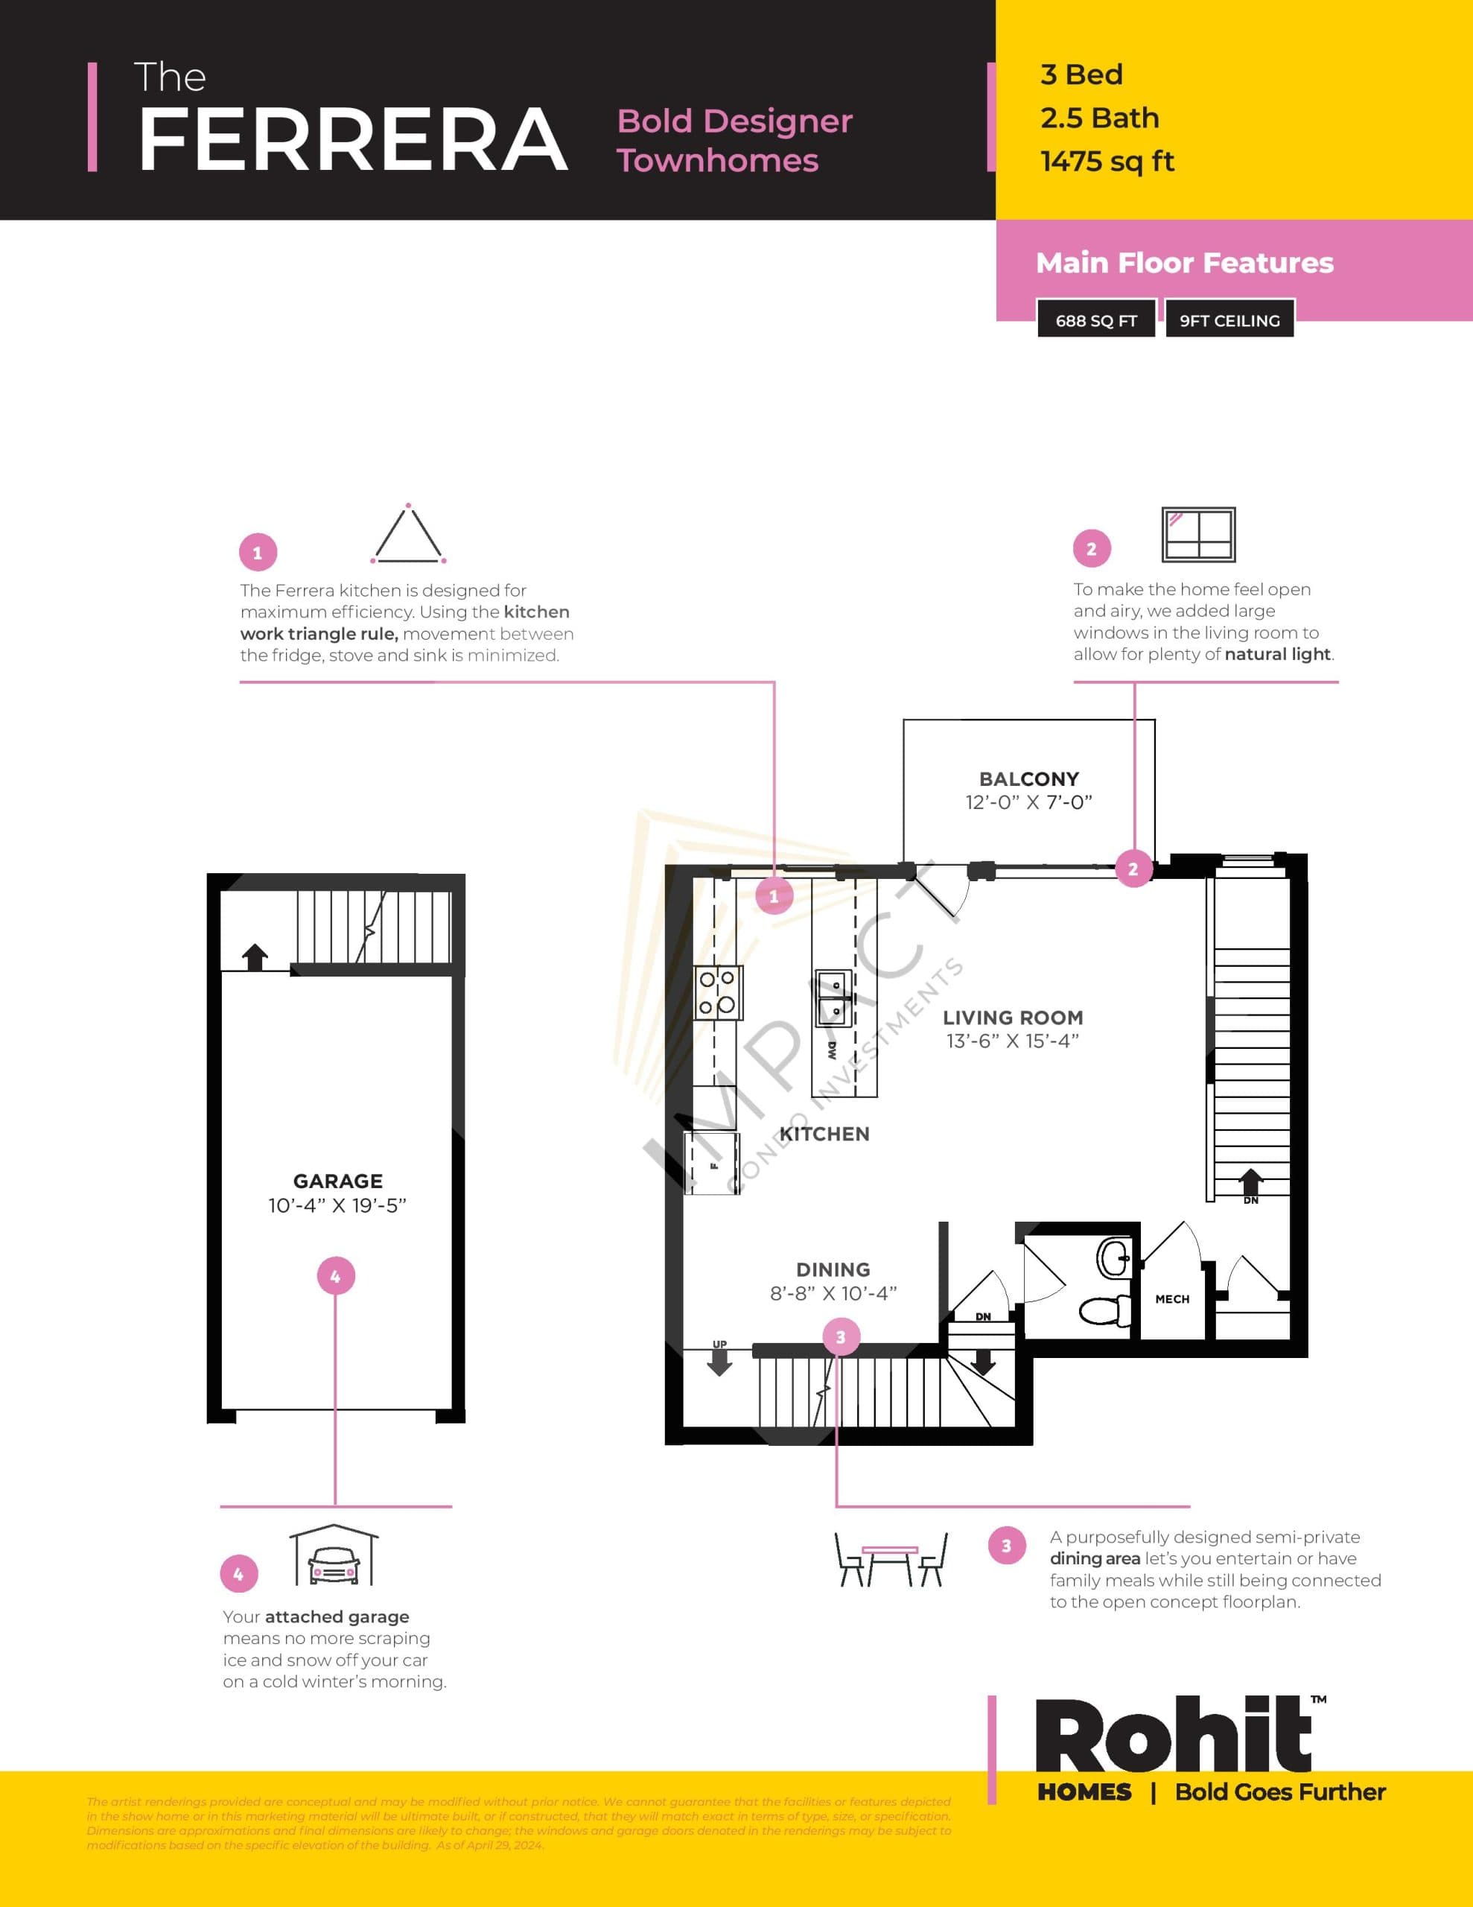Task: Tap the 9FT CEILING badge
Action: (x=1229, y=320)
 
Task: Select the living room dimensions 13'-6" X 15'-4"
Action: (x=1012, y=1041)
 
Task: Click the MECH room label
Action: (x=1171, y=1299)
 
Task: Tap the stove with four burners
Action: (x=718, y=993)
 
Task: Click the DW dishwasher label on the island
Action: (x=831, y=1050)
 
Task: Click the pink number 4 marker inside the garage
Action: (x=335, y=1277)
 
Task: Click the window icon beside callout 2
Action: (x=1198, y=534)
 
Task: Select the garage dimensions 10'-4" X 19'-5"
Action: (x=337, y=1206)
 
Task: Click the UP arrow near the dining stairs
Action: (x=719, y=1359)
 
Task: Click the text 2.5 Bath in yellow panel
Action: (x=1099, y=118)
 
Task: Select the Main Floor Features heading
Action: (x=1184, y=263)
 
